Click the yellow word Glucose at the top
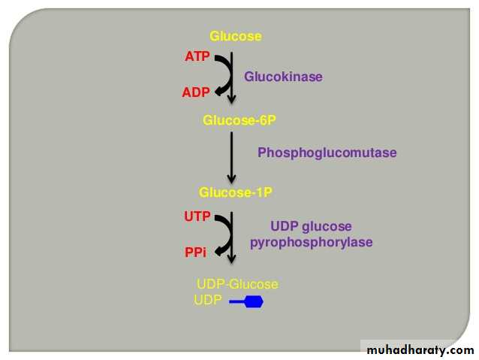(x=236, y=36)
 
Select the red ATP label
(x=197, y=56)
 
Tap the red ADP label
(x=196, y=92)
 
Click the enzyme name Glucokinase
(x=283, y=76)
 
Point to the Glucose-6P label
(x=234, y=119)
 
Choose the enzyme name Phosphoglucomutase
(x=327, y=153)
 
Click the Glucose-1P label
(x=235, y=192)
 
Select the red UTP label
(x=198, y=216)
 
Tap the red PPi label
(x=195, y=253)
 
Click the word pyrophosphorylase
(x=311, y=242)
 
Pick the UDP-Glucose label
(x=237, y=284)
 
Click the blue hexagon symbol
(x=254, y=302)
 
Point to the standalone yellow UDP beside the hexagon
(x=208, y=300)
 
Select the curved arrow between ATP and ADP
(x=222, y=75)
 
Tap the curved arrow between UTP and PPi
(x=223, y=235)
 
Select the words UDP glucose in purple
(x=311, y=226)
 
